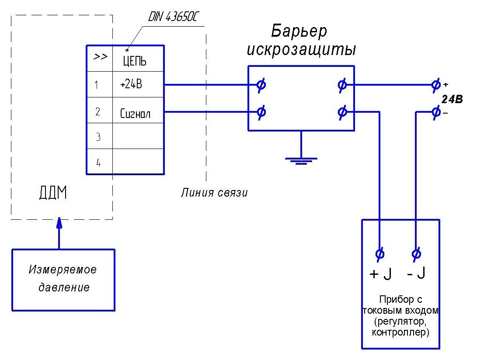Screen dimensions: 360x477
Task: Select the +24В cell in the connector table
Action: coord(131,85)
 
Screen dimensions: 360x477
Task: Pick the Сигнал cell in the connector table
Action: coord(135,114)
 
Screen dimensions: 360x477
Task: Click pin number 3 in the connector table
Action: coord(98,137)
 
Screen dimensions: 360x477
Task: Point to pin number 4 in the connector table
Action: coord(98,163)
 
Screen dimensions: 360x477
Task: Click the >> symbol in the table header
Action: coord(101,57)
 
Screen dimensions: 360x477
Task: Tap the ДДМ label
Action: coord(52,193)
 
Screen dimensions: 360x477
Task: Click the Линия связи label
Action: coord(214,193)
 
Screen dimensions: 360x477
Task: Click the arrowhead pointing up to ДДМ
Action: coord(59,223)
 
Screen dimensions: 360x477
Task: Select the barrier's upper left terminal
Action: coord(261,85)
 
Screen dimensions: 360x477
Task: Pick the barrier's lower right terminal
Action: coord(342,112)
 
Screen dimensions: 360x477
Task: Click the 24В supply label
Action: coord(452,99)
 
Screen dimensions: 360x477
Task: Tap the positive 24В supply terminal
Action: coord(435,85)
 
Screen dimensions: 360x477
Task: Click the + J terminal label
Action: coord(380,274)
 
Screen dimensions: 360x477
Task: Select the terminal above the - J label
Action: coord(417,253)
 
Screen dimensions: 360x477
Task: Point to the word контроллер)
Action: coord(400,333)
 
